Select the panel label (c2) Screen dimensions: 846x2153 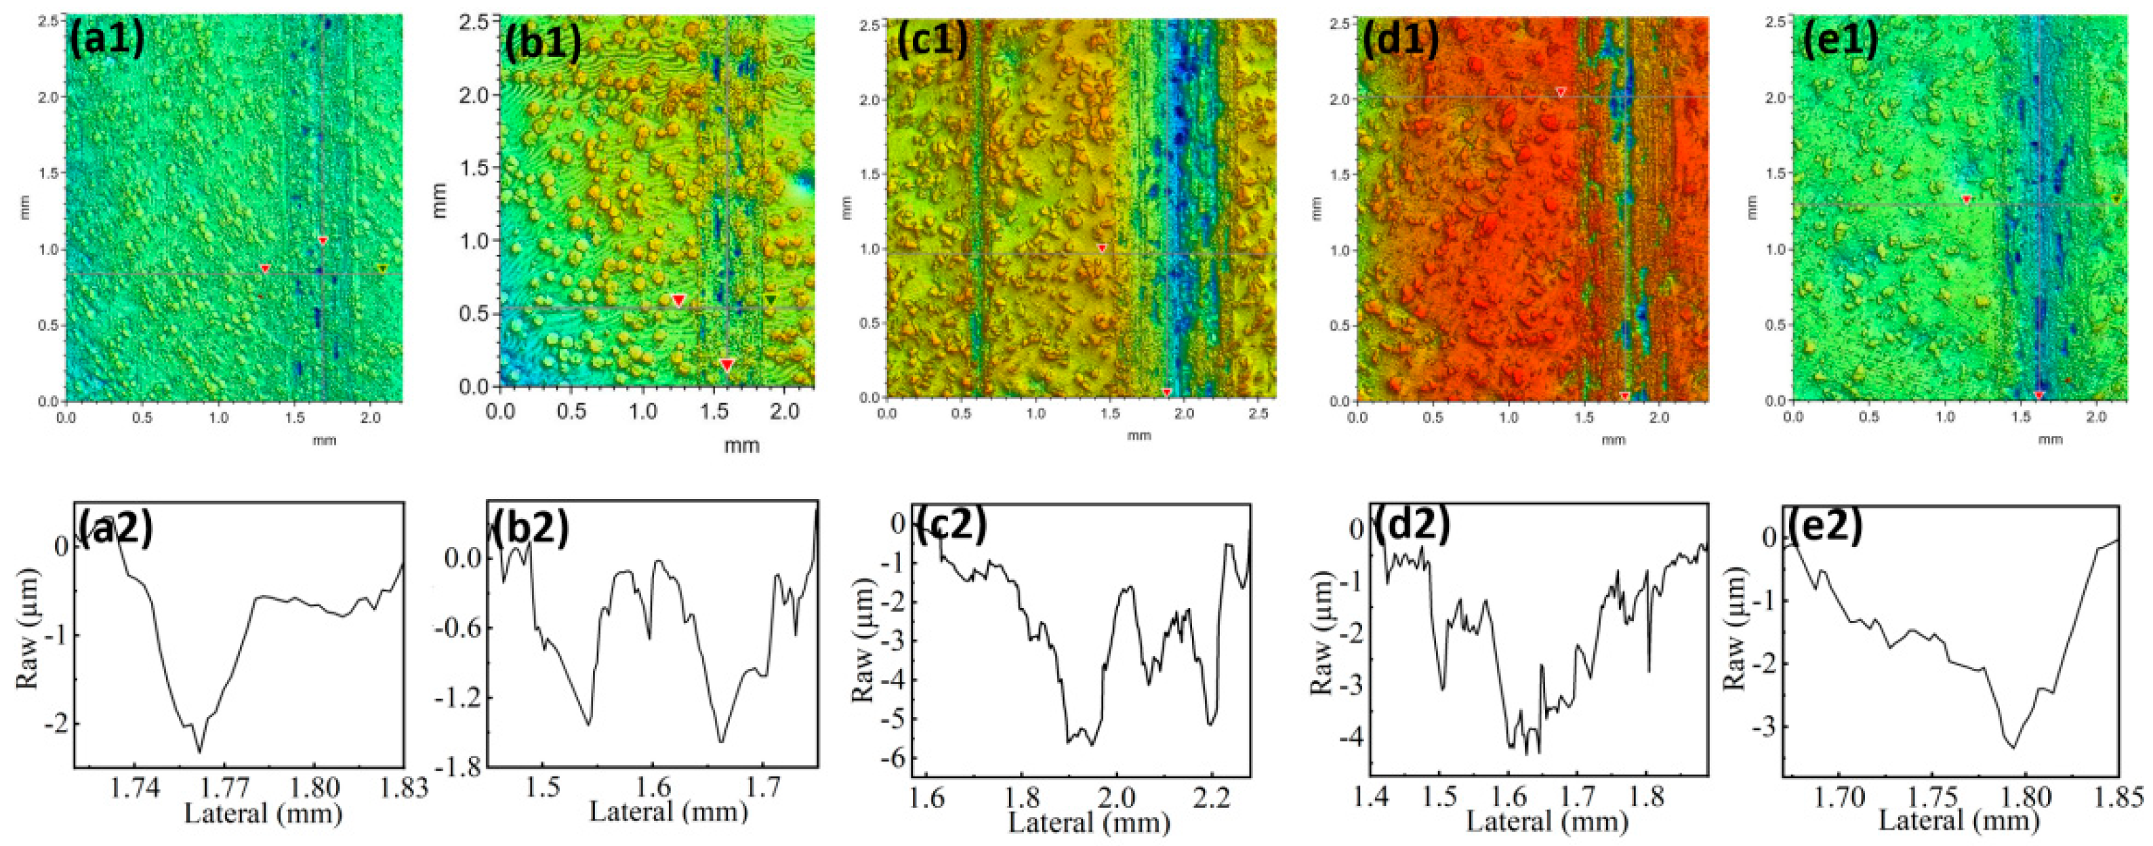pyautogui.click(x=950, y=525)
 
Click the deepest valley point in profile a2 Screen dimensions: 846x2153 pyautogui.click(x=199, y=750)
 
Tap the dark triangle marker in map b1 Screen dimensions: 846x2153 pyautogui.click(x=771, y=299)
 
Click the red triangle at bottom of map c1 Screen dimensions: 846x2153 pyautogui.click(x=1167, y=392)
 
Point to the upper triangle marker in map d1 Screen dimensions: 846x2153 pyautogui.click(x=1559, y=92)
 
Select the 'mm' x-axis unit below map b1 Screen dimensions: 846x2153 pyautogui.click(x=741, y=445)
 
